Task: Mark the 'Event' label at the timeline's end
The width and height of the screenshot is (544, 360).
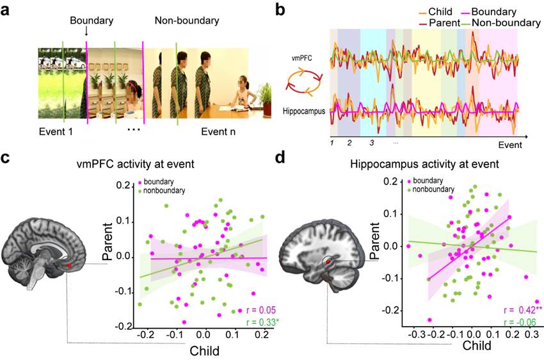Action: click(510, 145)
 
